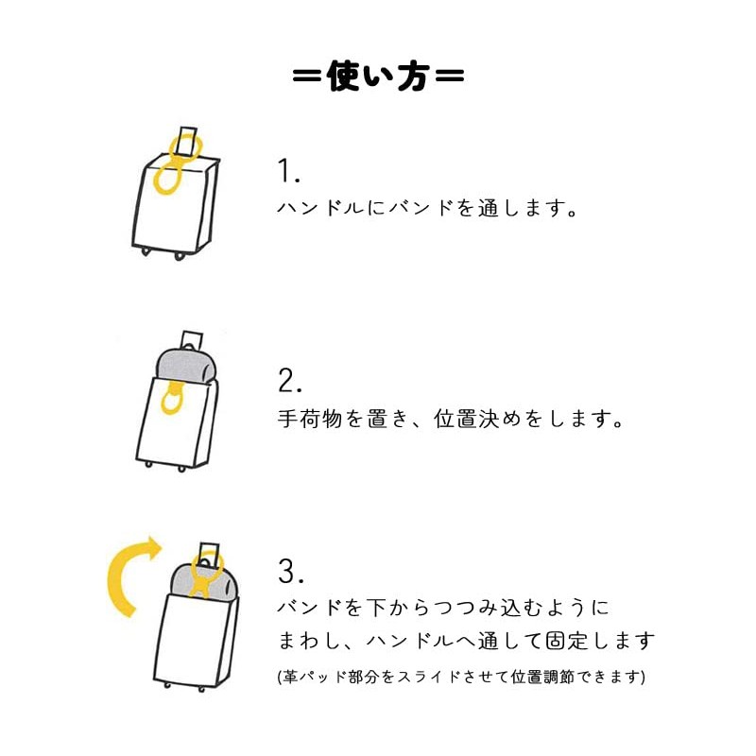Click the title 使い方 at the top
pyautogui.click(x=378, y=77)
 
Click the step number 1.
pyautogui.click(x=288, y=171)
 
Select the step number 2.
pyautogui.click(x=290, y=381)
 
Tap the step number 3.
pyautogui.click(x=290, y=571)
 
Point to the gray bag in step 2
pyautogui.click(x=186, y=366)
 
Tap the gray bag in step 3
pyautogui.click(x=205, y=581)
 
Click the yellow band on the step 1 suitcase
pyautogui.click(x=169, y=171)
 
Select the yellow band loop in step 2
pyautogui.click(x=172, y=399)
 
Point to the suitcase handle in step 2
pyautogui.click(x=192, y=339)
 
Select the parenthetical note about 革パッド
pyautogui.click(x=461, y=677)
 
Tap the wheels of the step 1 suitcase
pyautogui.click(x=163, y=252)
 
